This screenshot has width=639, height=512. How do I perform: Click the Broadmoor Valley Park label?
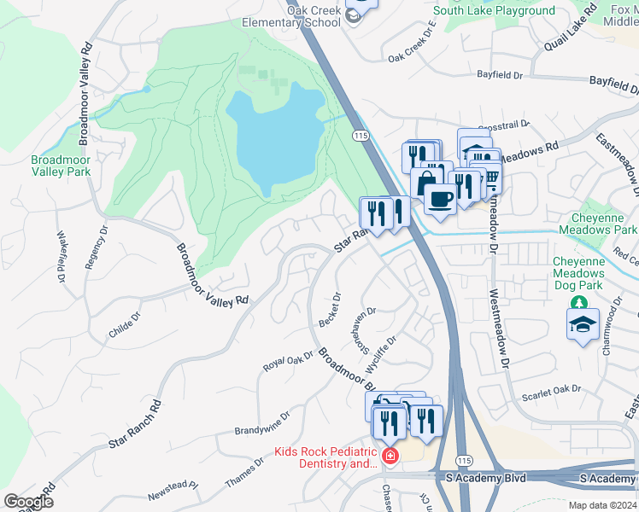(x=60, y=165)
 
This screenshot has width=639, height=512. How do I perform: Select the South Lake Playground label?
(x=494, y=11)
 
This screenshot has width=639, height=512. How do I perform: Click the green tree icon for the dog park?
(x=578, y=303)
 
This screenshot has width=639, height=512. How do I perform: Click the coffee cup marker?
(x=440, y=200)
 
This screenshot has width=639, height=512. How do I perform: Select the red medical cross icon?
(x=390, y=457)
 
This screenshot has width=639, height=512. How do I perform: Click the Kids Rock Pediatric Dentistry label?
(x=325, y=457)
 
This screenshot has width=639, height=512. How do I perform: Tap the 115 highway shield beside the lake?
(x=360, y=136)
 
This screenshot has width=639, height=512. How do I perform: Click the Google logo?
(x=28, y=501)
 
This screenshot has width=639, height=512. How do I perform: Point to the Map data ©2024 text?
(x=603, y=505)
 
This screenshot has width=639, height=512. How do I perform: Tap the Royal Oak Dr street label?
(x=289, y=363)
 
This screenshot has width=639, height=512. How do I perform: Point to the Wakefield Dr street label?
(x=62, y=257)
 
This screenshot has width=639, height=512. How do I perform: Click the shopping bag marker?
(x=425, y=183)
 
